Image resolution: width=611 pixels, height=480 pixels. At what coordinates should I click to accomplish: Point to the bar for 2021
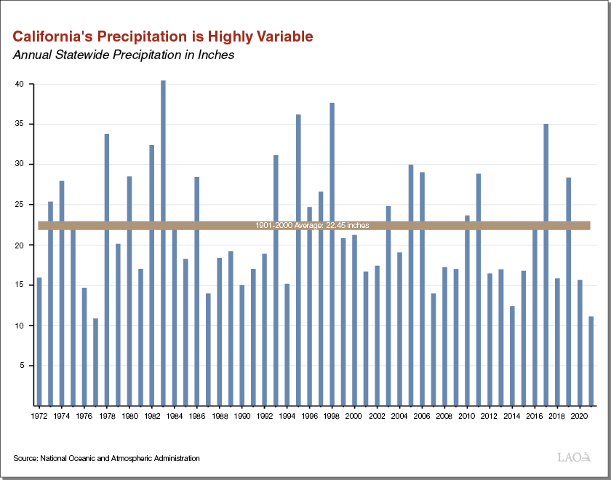coord(591,360)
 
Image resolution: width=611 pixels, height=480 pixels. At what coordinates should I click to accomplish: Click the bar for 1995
coord(298,259)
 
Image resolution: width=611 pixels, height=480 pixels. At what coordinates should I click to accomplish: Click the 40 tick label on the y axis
coord(20,84)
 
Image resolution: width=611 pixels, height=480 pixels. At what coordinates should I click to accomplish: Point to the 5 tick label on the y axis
coord(23,366)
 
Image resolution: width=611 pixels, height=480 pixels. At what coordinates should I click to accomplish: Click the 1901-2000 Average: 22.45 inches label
coord(312,226)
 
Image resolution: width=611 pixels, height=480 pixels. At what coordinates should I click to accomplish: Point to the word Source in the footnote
coord(25,458)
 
